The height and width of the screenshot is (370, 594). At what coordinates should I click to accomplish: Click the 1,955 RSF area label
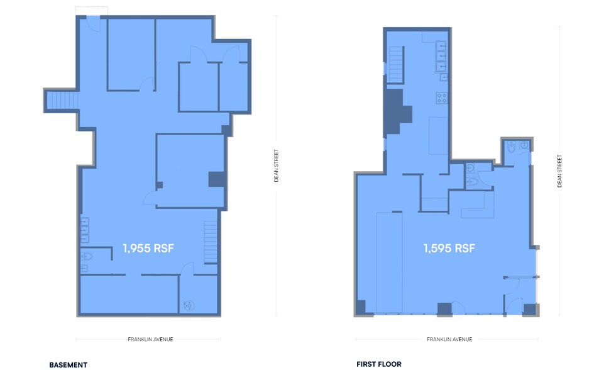pos(148,249)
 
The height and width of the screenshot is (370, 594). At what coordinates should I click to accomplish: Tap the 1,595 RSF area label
pos(449,249)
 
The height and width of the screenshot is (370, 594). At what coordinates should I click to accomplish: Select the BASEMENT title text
pos(68,364)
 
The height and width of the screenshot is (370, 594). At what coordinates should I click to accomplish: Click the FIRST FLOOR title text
pos(378,364)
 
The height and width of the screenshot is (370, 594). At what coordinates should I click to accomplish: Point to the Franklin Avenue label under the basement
pos(148,339)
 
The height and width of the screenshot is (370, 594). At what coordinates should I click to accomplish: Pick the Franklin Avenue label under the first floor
pos(449,339)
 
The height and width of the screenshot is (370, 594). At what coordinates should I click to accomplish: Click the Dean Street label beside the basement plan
pos(276,165)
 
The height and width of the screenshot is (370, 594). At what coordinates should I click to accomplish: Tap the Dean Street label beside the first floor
pos(559,171)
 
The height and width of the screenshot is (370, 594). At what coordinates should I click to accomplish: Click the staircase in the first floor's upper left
pos(396,65)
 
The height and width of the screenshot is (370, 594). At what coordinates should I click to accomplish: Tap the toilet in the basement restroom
pos(87,257)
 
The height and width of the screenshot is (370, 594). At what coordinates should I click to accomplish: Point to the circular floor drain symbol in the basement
pos(187,306)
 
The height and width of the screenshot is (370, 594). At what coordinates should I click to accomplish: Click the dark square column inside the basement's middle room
pos(216,179)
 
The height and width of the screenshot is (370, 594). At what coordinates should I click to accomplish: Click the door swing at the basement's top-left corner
pos(92,24)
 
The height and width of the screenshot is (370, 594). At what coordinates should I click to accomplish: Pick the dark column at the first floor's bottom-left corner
pos(361,308)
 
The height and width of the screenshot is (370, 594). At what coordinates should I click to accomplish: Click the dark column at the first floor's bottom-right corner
pos(530,310)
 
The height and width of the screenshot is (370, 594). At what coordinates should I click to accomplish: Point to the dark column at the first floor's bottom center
pos(444,309)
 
